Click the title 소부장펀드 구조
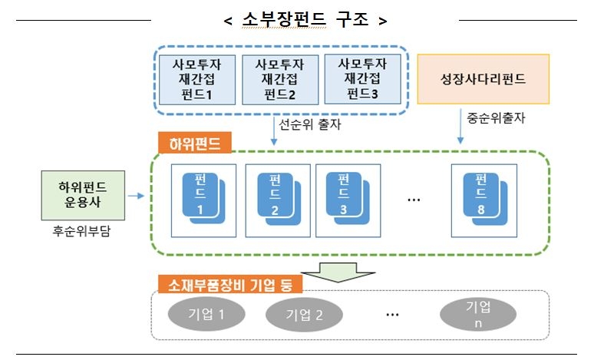(x=305, y=20)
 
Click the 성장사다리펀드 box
(x=483, y=78)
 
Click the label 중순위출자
(x=497, y=118)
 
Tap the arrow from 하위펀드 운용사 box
(x=137, y=197)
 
